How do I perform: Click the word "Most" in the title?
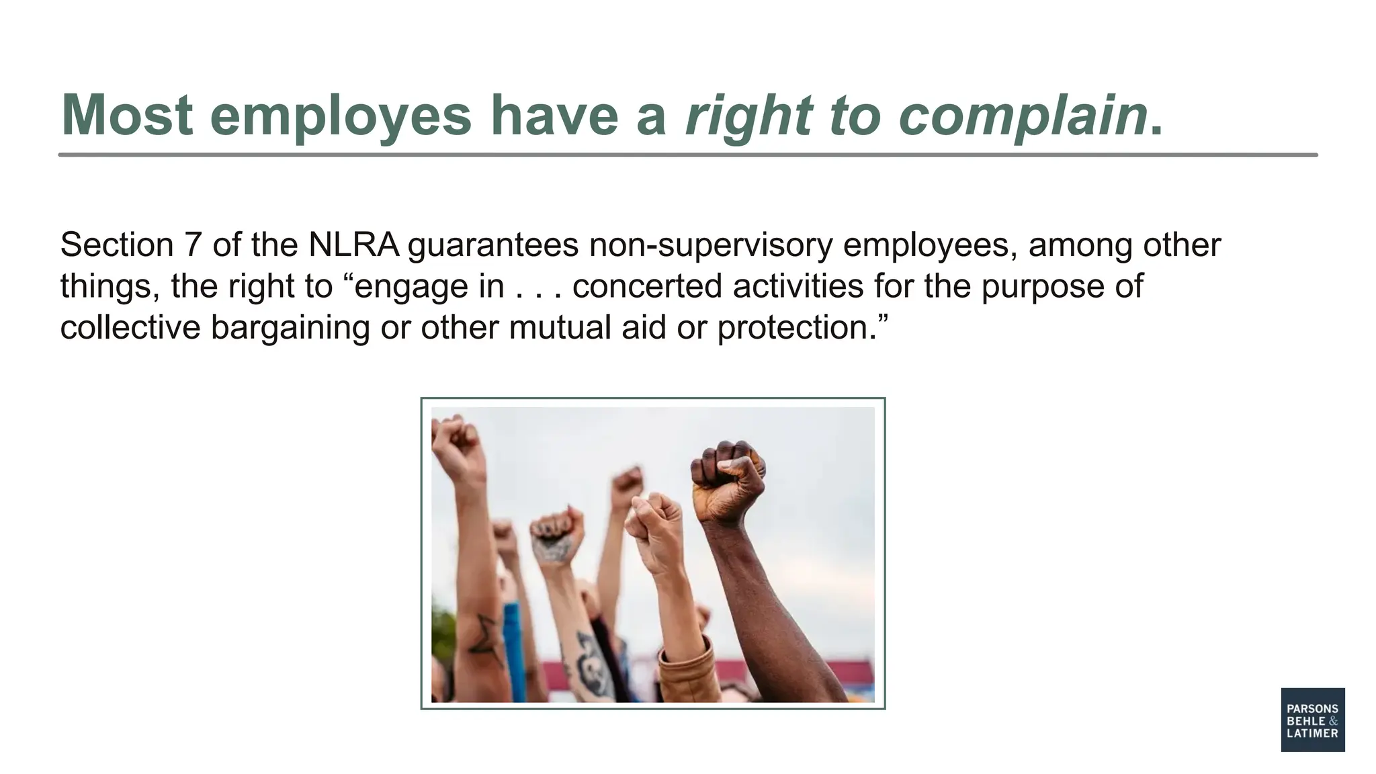(x=127, y=116)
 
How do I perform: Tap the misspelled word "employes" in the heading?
(x=341, y=116)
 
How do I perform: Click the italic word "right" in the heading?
(x=748, y=116)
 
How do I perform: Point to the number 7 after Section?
(x=193, y=245)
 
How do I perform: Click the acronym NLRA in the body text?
(x=353, y=245)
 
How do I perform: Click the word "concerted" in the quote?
(x=647, y=286)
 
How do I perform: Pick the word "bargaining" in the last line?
(x=290, y=328)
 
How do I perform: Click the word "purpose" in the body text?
(x=1042, y=286)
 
